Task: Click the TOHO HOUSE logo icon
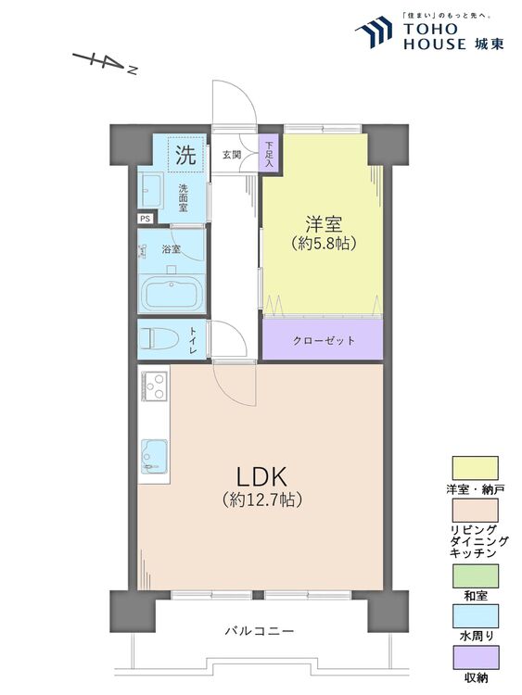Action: [375, 33]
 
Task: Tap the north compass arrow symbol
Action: [105, 62]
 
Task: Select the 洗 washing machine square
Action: [186, 155]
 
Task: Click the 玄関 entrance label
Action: [232, 155]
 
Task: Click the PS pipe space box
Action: [146, 219]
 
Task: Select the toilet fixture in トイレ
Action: [159, 339]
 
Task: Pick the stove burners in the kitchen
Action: [154, 383]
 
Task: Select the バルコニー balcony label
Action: [260, 631]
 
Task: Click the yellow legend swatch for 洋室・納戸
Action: [476, 467]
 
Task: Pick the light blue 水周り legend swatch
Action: [476, 618]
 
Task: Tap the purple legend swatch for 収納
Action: [476, 659]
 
